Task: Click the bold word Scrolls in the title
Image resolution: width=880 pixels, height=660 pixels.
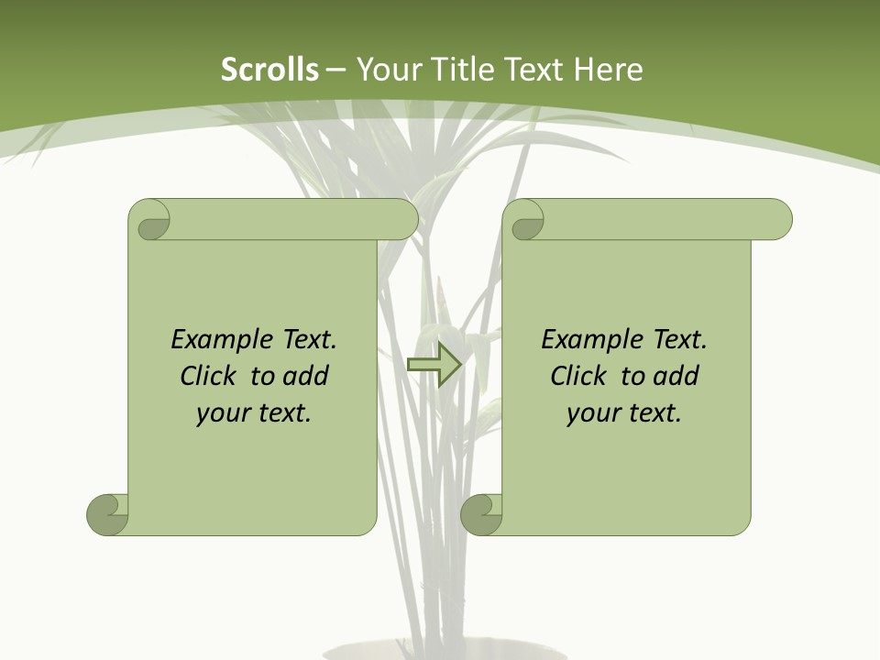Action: click(269, 70)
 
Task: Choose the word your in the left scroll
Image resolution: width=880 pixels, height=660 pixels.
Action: click(222, 413)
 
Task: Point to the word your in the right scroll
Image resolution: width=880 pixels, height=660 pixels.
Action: click(592, 413)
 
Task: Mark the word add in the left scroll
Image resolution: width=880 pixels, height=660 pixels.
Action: click(306, 377)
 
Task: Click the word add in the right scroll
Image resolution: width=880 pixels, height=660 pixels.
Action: click(676, 377)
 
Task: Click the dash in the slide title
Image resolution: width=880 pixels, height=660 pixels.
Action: click(335, 70)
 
